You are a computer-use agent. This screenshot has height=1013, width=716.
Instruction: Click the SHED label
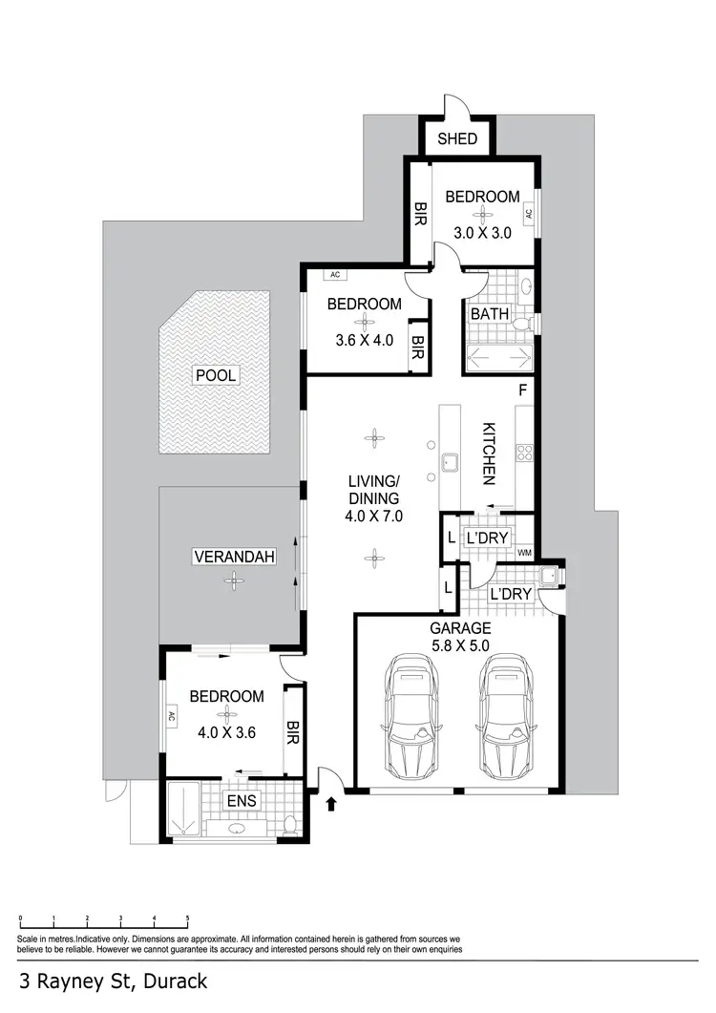click(457, 139)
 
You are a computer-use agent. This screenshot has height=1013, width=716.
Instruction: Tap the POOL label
click(215, 375)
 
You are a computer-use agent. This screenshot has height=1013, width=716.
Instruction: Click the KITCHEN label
click(487, 451)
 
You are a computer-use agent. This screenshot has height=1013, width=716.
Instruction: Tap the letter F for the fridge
click(522, 390)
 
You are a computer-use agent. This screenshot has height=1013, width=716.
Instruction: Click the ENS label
click(241, 800)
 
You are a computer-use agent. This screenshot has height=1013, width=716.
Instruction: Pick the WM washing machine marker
click(523, 553)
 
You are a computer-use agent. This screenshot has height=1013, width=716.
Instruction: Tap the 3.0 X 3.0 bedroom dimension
click(482, 232)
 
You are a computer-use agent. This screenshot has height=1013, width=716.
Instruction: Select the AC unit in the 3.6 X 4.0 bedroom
click(334, 275)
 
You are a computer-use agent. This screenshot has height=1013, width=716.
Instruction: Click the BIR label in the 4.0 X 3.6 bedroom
click(292, 733)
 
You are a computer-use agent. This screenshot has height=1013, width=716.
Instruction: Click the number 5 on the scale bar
click(188, 918)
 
